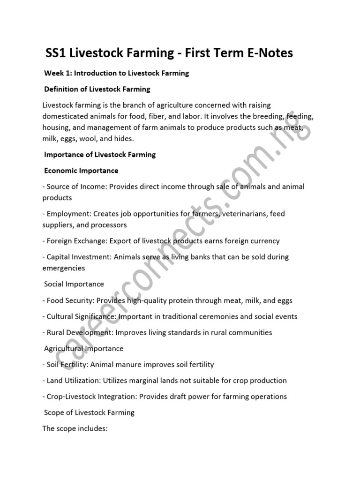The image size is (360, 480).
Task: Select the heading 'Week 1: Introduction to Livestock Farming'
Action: pos(116,73)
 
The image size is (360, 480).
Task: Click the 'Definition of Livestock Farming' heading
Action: pos(97,89)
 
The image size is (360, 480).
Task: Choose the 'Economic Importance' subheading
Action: pos(81,170)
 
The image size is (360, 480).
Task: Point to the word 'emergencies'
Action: pos(64,268)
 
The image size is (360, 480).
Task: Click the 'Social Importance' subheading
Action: pos(74,284)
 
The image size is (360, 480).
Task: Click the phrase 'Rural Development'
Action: pos(79,332)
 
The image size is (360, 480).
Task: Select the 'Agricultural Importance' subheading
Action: pos(84,348)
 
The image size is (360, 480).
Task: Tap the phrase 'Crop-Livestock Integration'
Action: pos(92,397)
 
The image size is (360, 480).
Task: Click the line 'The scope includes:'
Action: pos(75,428)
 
